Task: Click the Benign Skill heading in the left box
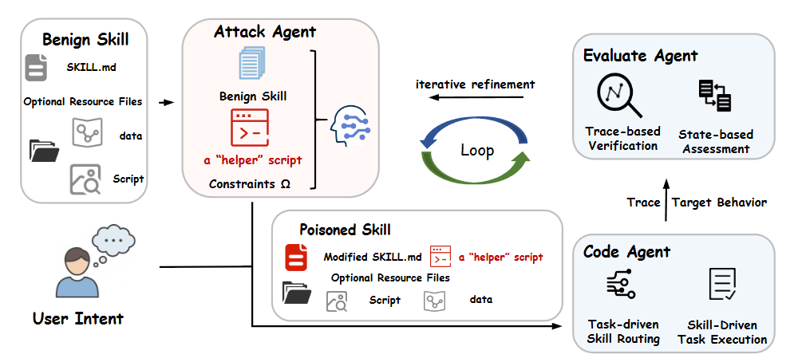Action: click(85, 39)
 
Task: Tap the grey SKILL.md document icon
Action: click(36, 68)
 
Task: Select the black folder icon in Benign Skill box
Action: click(44, 150)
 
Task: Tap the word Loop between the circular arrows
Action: click(477, 150)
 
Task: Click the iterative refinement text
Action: click(476, 85)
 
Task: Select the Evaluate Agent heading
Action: click(641, 55)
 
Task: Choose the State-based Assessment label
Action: click(715, 140)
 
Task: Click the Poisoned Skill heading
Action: click(345, 230)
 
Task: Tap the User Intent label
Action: click(78, 319)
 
